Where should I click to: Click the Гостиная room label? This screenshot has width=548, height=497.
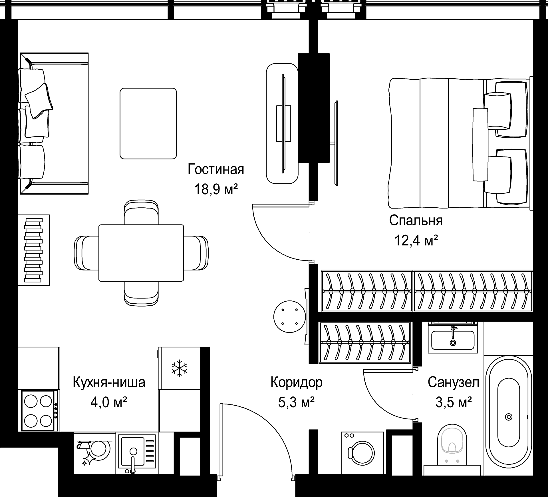216,169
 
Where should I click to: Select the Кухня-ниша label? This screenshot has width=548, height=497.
109,382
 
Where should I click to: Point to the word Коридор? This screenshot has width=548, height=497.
297,383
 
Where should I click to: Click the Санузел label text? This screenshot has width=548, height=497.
453,382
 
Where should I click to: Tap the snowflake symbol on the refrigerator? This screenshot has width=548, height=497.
179,368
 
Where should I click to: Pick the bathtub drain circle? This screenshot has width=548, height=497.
508,417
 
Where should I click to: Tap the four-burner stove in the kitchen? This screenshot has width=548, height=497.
38,411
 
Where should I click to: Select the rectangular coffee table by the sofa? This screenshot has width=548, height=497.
148,123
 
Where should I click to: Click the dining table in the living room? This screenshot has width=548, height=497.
141,253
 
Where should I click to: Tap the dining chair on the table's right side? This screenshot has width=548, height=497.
196,253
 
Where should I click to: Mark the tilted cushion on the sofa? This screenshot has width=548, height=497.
39,101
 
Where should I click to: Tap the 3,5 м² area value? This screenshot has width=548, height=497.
453,402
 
